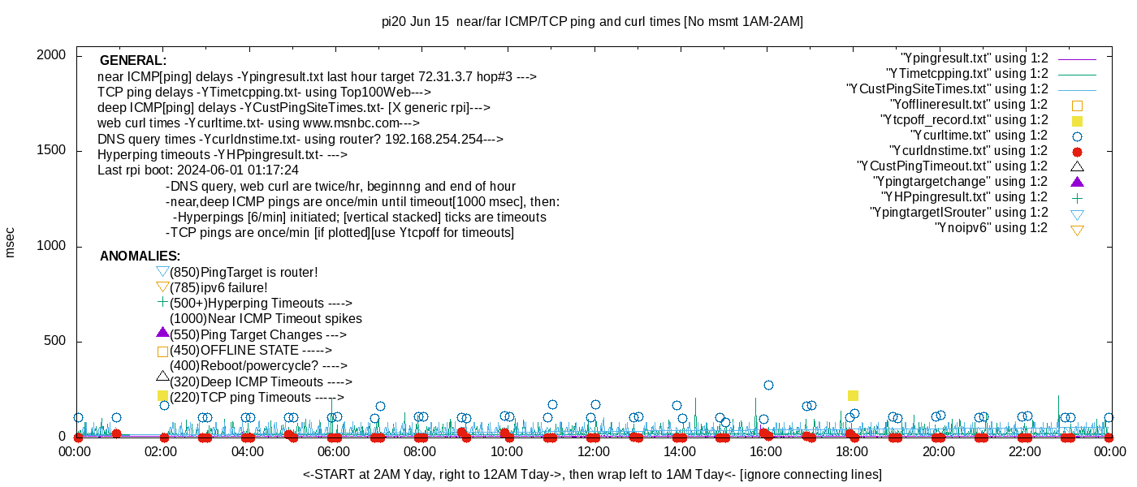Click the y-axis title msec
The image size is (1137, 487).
11,243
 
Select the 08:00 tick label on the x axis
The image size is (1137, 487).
421,451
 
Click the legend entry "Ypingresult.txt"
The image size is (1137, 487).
975,58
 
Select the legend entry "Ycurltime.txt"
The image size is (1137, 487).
979,136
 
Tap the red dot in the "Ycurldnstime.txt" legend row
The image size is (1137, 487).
1078,152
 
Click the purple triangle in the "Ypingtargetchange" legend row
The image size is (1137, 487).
1078,182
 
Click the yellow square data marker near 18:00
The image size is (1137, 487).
853,395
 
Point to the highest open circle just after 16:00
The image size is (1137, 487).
768,385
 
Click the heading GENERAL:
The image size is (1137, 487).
133,61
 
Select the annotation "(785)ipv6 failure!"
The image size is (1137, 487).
218,288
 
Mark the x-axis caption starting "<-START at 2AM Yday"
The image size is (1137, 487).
592,474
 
